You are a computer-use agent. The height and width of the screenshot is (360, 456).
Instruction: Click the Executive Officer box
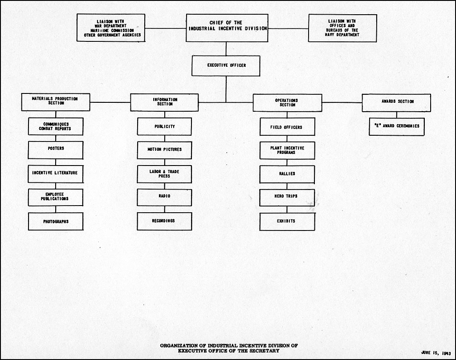point(226,66)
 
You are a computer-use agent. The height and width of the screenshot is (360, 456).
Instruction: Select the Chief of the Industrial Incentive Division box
point(227,28)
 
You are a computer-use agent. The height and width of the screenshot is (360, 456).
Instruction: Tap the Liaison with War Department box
point(111,28)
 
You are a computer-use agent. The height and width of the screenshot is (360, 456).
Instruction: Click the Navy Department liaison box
point(342,28)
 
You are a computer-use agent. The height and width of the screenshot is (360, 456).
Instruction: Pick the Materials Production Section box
point(56,102)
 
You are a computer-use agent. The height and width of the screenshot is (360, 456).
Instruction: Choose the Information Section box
point(164,102)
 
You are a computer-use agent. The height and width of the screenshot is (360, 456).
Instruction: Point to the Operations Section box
point(287,102)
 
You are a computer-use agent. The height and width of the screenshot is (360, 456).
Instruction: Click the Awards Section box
point(396,103)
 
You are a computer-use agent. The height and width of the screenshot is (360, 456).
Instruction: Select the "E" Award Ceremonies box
point(397,127)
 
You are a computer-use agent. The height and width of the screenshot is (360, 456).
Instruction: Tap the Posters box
point(56,150)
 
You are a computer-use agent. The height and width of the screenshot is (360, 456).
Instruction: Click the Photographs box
point(56,222)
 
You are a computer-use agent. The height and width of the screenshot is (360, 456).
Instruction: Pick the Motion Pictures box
point(164,150)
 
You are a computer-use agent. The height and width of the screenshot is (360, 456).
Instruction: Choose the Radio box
point(164,198)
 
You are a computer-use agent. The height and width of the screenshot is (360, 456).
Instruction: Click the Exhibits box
point(287,222)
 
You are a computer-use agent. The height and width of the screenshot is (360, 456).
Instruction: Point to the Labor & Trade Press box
point(164,174)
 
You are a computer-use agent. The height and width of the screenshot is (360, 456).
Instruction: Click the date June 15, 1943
point(436,353)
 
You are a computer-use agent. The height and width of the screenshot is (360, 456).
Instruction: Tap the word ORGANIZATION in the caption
point(179,346)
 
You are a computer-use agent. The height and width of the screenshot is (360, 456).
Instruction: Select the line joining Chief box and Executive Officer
point(226,49)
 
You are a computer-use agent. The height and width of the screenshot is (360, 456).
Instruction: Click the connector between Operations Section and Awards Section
point(342,102)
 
